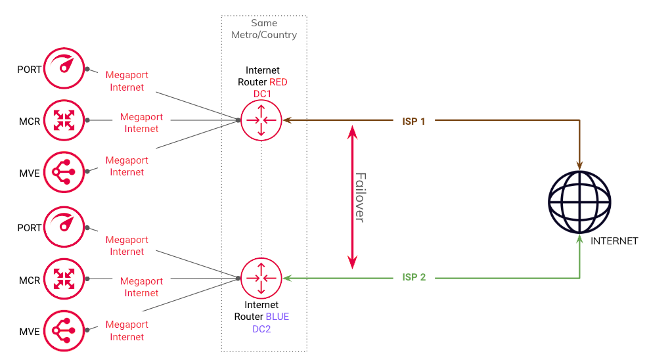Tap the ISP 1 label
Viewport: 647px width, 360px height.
pos(414,122)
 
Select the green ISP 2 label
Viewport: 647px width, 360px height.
pos(414,277)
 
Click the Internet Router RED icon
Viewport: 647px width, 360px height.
pos(261,120)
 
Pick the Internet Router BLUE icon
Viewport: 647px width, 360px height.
pos(261,279)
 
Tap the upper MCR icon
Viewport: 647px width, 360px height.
pos(64,120)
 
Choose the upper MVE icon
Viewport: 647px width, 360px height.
pos(64,172)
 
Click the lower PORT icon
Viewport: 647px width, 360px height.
pos(64,227)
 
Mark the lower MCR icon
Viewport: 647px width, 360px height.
pos(64,279)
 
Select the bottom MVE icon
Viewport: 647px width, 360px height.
pos(64,332)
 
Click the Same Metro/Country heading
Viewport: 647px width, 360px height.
pos(264,29)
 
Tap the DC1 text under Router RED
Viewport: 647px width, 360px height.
pos(262,94)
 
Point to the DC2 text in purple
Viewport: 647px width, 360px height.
pos(261,328)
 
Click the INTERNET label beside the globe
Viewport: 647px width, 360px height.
pos(614,241)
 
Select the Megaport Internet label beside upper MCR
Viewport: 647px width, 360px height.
pos(141,123)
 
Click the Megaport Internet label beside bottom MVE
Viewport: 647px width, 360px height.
pos(127,330)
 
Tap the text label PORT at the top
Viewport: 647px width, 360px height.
pos(30,70)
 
